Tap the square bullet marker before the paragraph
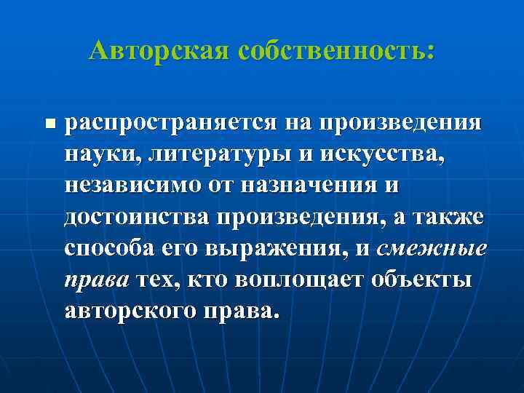click(48, 123)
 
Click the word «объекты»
click(417, 279)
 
